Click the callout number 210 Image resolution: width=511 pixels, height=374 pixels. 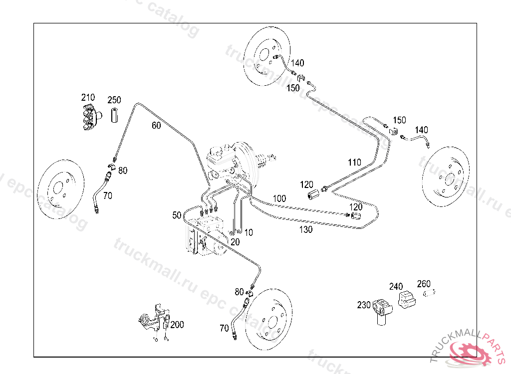[88, 97]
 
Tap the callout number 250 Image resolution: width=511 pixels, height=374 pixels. [114, 100]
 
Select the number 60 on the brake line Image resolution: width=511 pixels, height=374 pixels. [156, 126]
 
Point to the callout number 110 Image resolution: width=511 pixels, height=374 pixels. [354, 163]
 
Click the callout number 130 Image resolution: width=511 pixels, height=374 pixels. [306, 229]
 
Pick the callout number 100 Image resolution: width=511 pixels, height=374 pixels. [279, 198]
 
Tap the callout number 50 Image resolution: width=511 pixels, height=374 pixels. [177, 215]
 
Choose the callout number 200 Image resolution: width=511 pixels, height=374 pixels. [177, 325]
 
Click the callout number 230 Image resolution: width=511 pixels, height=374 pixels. [364, 305]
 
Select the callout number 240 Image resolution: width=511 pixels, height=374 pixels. [396, 287]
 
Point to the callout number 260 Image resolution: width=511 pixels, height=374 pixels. [424, 284]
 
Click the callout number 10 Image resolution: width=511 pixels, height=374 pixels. [249, 232]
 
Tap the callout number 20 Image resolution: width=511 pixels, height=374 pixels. [235, 241]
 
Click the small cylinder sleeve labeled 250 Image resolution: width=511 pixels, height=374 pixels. [114, 115]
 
